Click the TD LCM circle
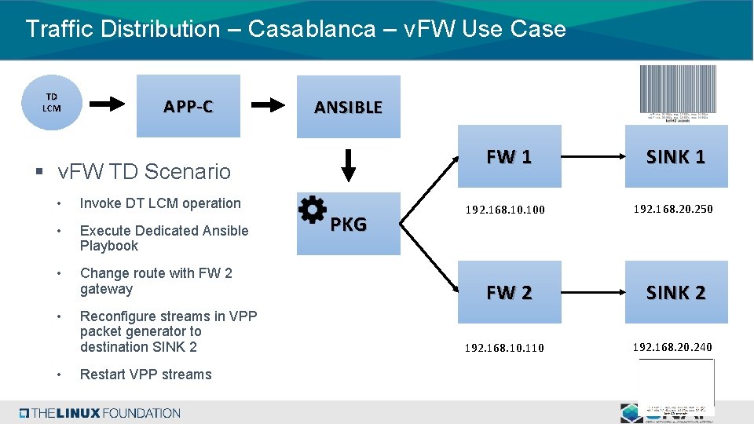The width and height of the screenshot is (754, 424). tap(51, 103)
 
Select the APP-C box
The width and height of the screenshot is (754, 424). tap(188, 106)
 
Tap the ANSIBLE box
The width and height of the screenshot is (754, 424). tap(348, 107)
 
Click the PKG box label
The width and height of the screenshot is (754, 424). tap(349, 225)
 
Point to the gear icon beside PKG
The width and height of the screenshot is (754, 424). tap(313, 210)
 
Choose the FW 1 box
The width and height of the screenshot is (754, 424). tap(510, 156)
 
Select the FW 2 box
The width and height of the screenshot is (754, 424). tap(510, 292)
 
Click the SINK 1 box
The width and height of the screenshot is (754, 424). tap(676, 156)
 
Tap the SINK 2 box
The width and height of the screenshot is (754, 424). tap(676, 292)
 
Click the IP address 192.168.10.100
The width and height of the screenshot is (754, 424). tap(505, 210)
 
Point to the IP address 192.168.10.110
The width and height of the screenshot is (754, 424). tap(505, 347)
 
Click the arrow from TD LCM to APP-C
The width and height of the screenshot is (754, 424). tap(104, 104)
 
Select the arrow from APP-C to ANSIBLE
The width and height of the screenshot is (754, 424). tap(272, 104)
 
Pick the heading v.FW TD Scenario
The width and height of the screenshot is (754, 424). tap(145, 171)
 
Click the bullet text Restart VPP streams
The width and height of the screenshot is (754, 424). tap(146, 375)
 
